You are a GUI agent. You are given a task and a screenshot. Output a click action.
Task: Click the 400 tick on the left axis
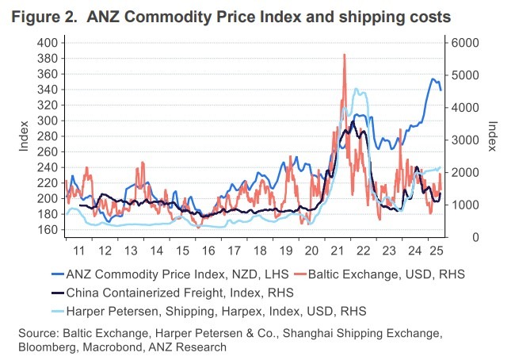point(47,43)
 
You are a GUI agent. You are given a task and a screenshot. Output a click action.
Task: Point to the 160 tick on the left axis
point(47,230)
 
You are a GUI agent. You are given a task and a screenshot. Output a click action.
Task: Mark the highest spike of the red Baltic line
point(345,55)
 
